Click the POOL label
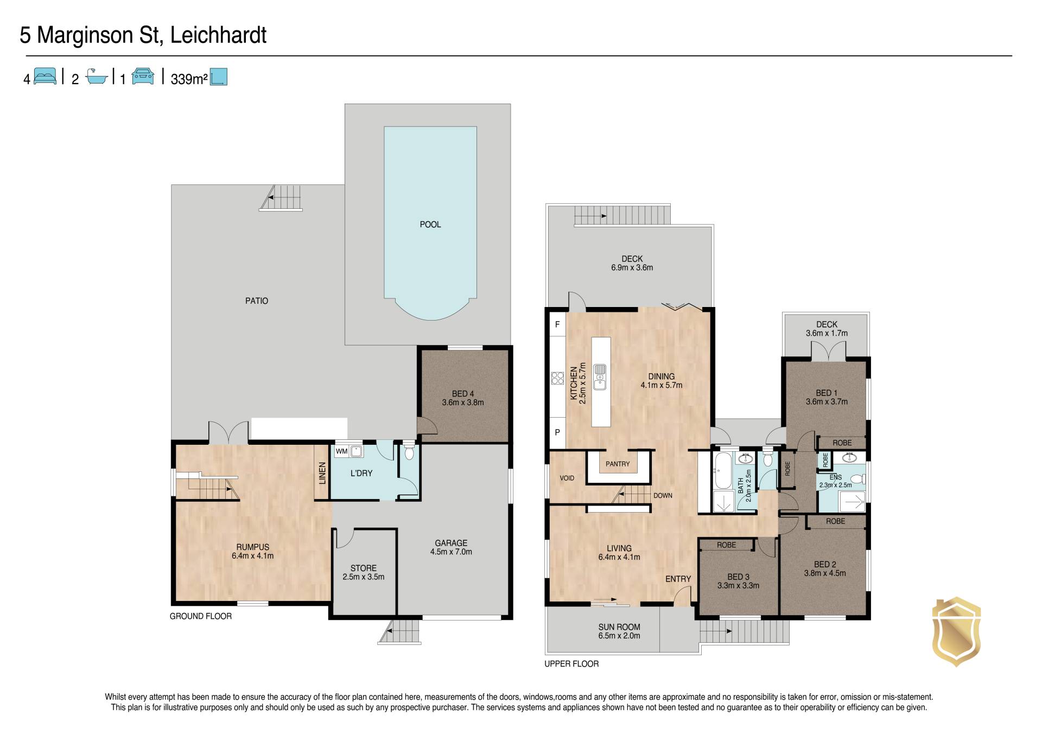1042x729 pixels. tap(430, 225)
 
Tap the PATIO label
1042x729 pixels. tap(257, 301)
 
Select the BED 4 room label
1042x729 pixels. tap(463, 398)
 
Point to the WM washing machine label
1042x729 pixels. tap(341, 451)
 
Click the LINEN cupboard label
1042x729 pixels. tap(322, 473)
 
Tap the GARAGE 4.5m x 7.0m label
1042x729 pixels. tap(451, 547)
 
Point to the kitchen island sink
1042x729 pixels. tap(600, 376)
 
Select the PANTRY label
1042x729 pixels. tap(618, 464)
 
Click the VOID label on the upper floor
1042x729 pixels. tap(567, 478)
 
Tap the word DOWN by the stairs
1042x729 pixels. tap(663, 496)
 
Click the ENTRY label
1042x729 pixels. tap(678, 579)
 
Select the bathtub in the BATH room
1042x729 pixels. tap(722, 472)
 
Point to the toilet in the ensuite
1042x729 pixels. tap(857, 479)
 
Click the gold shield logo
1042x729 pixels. tap(956, 631)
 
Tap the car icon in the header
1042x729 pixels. tap(142, 76)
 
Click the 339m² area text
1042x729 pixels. tap(189, 79)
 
